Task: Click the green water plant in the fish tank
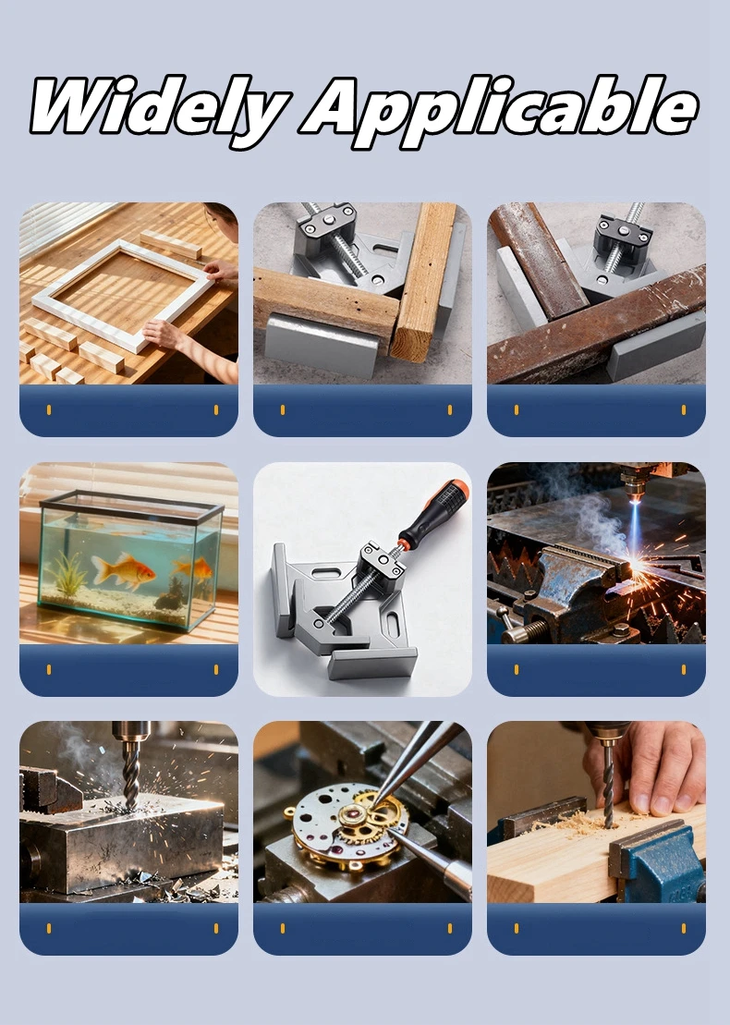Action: click(x=68, y=574)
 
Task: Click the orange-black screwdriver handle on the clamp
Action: click(x=432, y=512)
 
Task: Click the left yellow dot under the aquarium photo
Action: click(x=49, y=669)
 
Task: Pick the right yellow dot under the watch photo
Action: click(x=450, y=928)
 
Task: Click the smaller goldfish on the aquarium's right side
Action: click(x=194, y=568)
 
